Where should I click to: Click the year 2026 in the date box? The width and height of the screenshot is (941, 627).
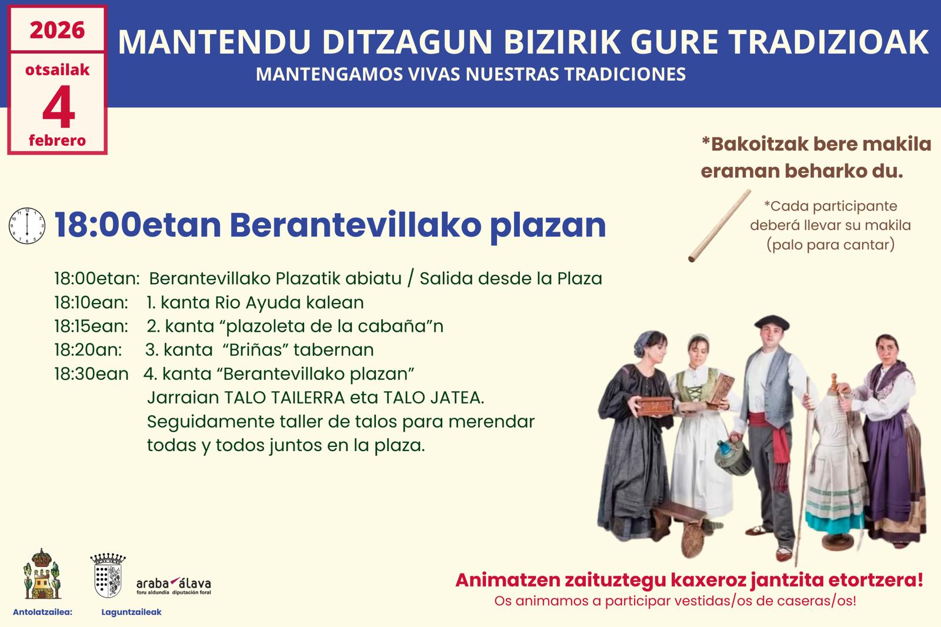tap(57, 30)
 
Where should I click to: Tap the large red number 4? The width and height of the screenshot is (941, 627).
tap(58, 106)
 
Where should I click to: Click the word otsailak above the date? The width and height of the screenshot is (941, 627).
tap(58, 70)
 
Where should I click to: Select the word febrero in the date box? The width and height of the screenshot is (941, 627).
tap(57, 141)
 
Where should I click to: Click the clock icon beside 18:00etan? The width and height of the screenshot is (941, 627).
tap(27, 226)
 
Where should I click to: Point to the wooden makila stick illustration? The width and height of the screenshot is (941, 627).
tap(719, 226)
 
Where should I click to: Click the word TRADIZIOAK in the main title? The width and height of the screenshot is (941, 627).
tap(829, 42)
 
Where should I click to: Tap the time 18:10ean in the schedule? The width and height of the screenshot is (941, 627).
tap(91, 302)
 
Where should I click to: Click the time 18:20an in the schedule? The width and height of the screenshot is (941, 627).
tap(88, 350)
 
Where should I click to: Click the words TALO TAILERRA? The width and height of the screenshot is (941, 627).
tap(285, 398)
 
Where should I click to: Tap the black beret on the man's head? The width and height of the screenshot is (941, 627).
tap(772, 322)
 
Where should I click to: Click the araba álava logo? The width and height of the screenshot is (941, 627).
tap(173, 585)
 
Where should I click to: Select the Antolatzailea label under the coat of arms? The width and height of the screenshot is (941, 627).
tap(42, 612)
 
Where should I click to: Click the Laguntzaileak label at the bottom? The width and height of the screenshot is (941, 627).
tap(132, 612)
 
